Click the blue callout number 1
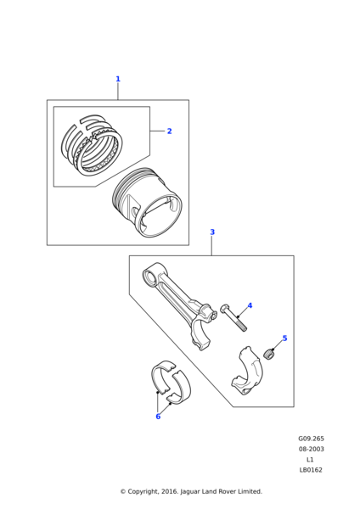click(118, 79)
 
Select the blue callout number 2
click(169, 131)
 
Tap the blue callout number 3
click(212, 232)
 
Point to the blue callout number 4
click(250, 305)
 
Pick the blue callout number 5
click(284, 338)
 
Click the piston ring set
click(93, 144)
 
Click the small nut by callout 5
click(270, 353)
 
